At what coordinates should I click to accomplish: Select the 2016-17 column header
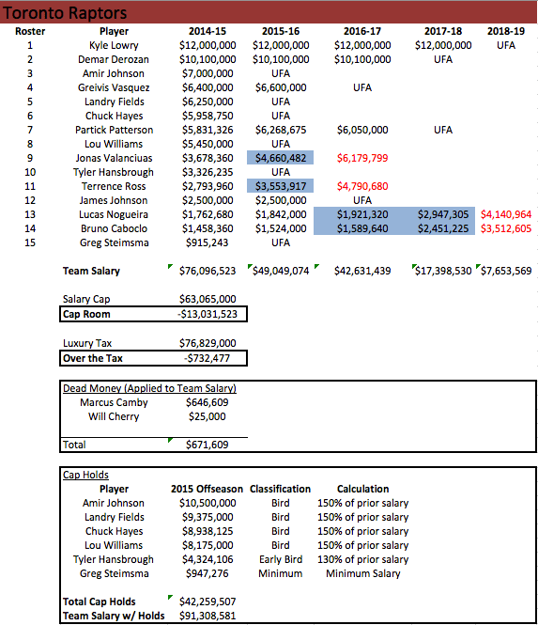[x=361, y=31]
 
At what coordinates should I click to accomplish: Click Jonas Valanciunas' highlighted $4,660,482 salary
[x=281, y=158]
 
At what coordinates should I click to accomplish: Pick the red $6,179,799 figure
[x=362, y=158]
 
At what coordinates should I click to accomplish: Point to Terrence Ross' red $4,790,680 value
[x=362, y=186]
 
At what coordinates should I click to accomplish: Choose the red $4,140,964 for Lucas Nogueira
[x=505, y=214]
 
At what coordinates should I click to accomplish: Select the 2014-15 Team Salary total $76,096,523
[x=207, y=271]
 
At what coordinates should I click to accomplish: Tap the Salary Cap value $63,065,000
[x=207, y=299]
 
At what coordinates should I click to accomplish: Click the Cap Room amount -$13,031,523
[x=207, y=314]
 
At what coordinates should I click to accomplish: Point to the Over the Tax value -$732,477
[x=207, y=357]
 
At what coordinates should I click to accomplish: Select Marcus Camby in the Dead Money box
[x=115, y=402]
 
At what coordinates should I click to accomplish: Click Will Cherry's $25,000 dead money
[x=207, y=416]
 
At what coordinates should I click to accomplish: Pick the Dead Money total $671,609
[x=207, y=445]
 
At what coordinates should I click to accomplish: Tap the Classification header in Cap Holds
[x=281, y=489]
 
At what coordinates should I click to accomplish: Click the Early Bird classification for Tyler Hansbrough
[x=281, y=559]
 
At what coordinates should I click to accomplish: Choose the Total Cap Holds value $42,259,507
[x=207, y=602]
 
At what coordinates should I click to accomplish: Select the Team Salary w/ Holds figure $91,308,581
[x=207, y=616]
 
